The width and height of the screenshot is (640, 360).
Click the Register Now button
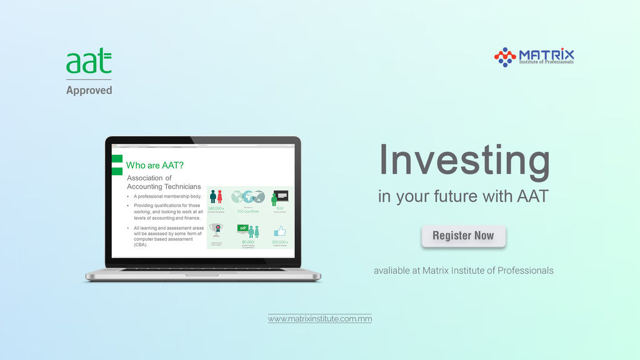[x=463, y=236]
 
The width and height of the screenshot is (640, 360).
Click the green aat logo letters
[x=89, y=62]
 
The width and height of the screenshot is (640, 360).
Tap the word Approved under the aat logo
[x=89, y=90]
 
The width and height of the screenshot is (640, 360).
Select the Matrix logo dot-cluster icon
[x=505, y=57]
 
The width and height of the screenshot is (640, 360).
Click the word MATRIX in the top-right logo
[x=546, y=54]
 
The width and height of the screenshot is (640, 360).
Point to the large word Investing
[x=464, y=160]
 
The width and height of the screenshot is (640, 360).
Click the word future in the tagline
[x=455, y=196]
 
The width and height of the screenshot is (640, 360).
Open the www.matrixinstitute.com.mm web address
[x=319, y=319]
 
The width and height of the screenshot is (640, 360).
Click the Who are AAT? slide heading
[x=155, y=166]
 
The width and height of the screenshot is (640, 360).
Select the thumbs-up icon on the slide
[x=279, y=231]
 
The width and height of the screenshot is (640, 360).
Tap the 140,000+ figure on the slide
[x=216, y=209]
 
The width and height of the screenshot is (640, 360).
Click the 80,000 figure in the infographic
[x=247, y=242]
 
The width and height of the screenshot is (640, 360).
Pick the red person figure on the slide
[x=219, y=197]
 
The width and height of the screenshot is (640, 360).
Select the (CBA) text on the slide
[x=141, y=245]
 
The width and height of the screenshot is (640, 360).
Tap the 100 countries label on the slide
[x=247, y=211]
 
